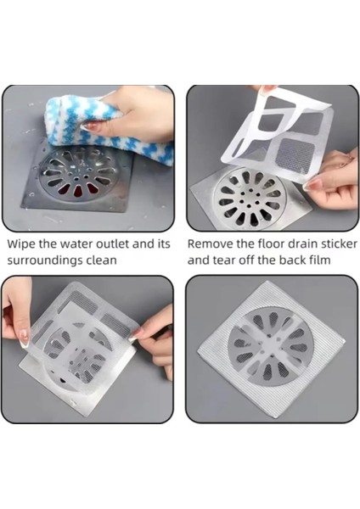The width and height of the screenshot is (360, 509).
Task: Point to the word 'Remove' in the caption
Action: pyautogui.click(x=212, y=243)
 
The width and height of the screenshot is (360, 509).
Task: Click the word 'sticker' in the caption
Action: pyautogui.click(x=332, y=243)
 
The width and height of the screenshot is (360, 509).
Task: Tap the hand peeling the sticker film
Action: pyautogui.click(x=335, y=182)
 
